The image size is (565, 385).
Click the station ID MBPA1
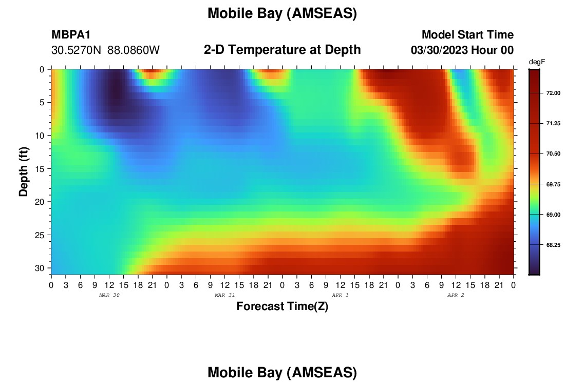[x=71, y=35]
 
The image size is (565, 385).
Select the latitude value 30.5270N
[x=76, y=50]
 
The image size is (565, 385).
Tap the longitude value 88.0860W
[x=134, y=50]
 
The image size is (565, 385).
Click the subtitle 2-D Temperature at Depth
[x=282, y=50]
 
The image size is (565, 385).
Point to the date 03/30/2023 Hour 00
[x=462, y=50]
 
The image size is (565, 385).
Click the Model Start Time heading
[x=468, y=35]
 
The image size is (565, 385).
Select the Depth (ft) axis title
[x=24, y=172]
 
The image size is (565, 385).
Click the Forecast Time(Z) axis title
[x=282, y=306]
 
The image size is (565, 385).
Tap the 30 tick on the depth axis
[x=40, y=268]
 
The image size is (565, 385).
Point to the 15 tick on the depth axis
[x=40, y=169]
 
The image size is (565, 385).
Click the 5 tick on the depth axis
[x=42, y=103]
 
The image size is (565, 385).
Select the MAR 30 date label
[x=109, y=295]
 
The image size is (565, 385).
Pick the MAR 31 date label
[x=225, y=295]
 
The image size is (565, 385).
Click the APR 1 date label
[x=340, y=295]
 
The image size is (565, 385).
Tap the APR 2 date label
[x=456, y=295]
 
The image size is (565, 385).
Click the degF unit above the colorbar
[x=537, y=62]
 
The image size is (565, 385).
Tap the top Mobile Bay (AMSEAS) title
[x=282, y=13]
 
